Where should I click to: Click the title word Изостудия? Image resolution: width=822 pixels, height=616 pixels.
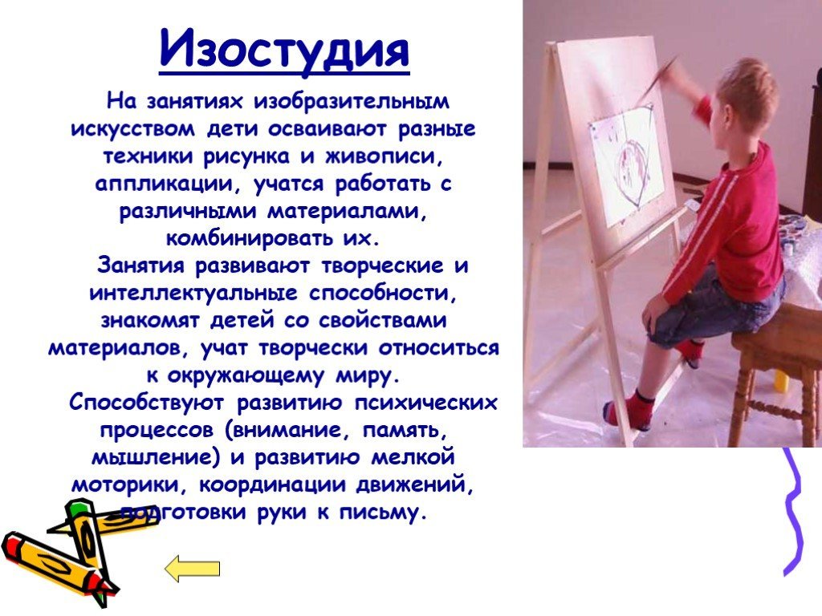click(x=284, y=51)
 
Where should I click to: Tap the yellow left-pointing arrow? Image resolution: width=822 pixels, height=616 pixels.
click(x=192, y=569)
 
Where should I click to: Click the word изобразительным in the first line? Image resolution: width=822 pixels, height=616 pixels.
click(x=352, y=100)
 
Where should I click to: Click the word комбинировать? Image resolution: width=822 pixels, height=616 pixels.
click(x=249, y=238)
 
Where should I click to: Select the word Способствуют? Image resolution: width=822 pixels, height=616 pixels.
click(x=146, y=403)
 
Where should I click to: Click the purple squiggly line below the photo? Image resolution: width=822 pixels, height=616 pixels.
click(x=794, y=511)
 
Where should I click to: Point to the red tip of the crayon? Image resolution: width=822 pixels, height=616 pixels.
click(x=102, y=586)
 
